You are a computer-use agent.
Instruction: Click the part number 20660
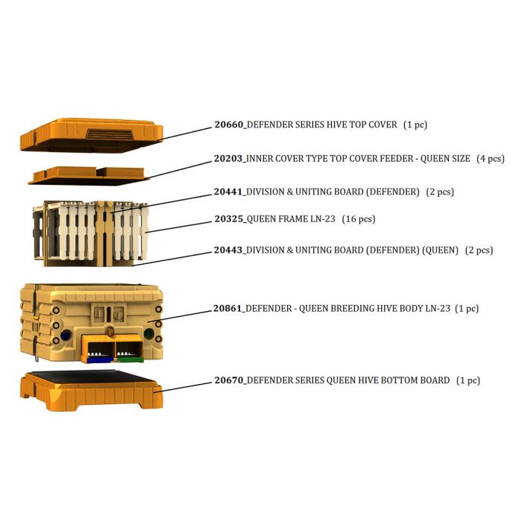(229, 125)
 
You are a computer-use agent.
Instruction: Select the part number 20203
(228, 158)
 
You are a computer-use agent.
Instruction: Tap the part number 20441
(228, 192)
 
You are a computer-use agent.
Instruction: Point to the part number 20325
(229, 219)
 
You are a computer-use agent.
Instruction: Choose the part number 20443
(228, 250)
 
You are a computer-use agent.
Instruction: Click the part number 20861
(227, 308)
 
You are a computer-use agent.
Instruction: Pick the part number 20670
(229, 380)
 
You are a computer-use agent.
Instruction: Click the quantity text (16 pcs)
(359, 219)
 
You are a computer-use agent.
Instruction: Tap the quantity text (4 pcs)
(491, 158)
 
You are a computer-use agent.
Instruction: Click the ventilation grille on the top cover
(110, 134)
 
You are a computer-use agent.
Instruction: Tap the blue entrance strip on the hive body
(100, 359)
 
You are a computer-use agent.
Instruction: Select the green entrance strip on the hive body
(130, 359)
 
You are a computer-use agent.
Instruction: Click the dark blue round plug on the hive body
(66, 335)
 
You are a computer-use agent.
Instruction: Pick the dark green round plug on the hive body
(149, 333)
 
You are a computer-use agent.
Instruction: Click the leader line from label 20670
(183, 387)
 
